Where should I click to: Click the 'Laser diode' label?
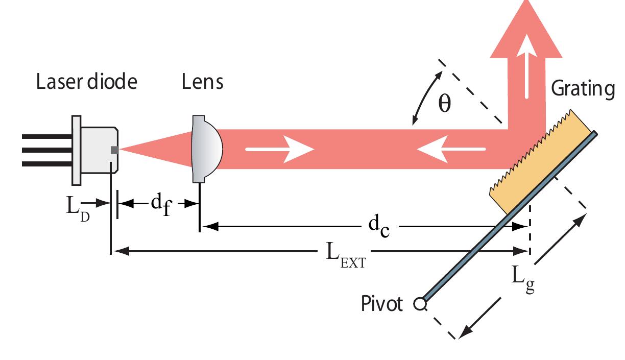pyautogui.click(x=86, y=82)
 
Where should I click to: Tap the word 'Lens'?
pyautogui.click(x=203, y=82)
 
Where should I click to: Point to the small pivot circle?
pyautogui.click(x=420, y=305)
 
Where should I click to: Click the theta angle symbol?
pyautogui.click(x=445, y=104)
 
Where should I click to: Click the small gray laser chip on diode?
pyautogui.click(x=114, y=150)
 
